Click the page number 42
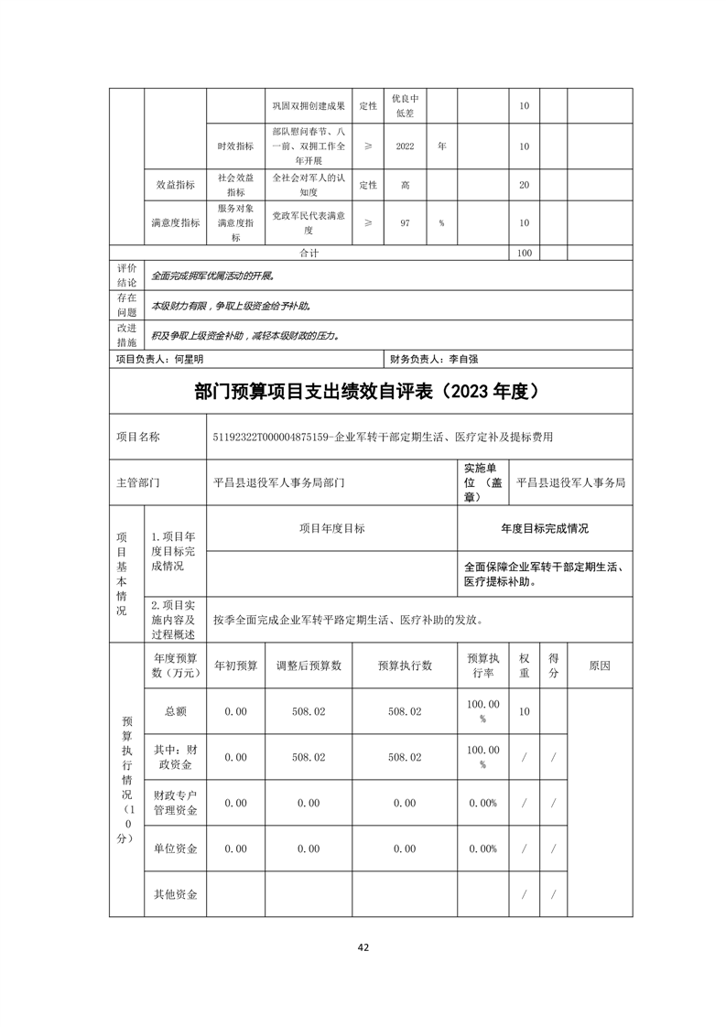(363, 947)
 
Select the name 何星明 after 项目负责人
(190, 360)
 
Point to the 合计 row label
(309, 253)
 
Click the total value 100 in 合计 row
(524, 253)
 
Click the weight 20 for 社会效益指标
(524, 185)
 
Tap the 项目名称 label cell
(138, 438)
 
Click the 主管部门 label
(138, 481)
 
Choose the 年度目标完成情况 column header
(544, 529)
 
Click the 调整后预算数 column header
(309, 666)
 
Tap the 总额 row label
(176, 711)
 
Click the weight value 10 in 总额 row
(524, 711)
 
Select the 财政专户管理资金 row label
(176, 803)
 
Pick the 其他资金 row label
(176, 894)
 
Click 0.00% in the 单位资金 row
(482, 849)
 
